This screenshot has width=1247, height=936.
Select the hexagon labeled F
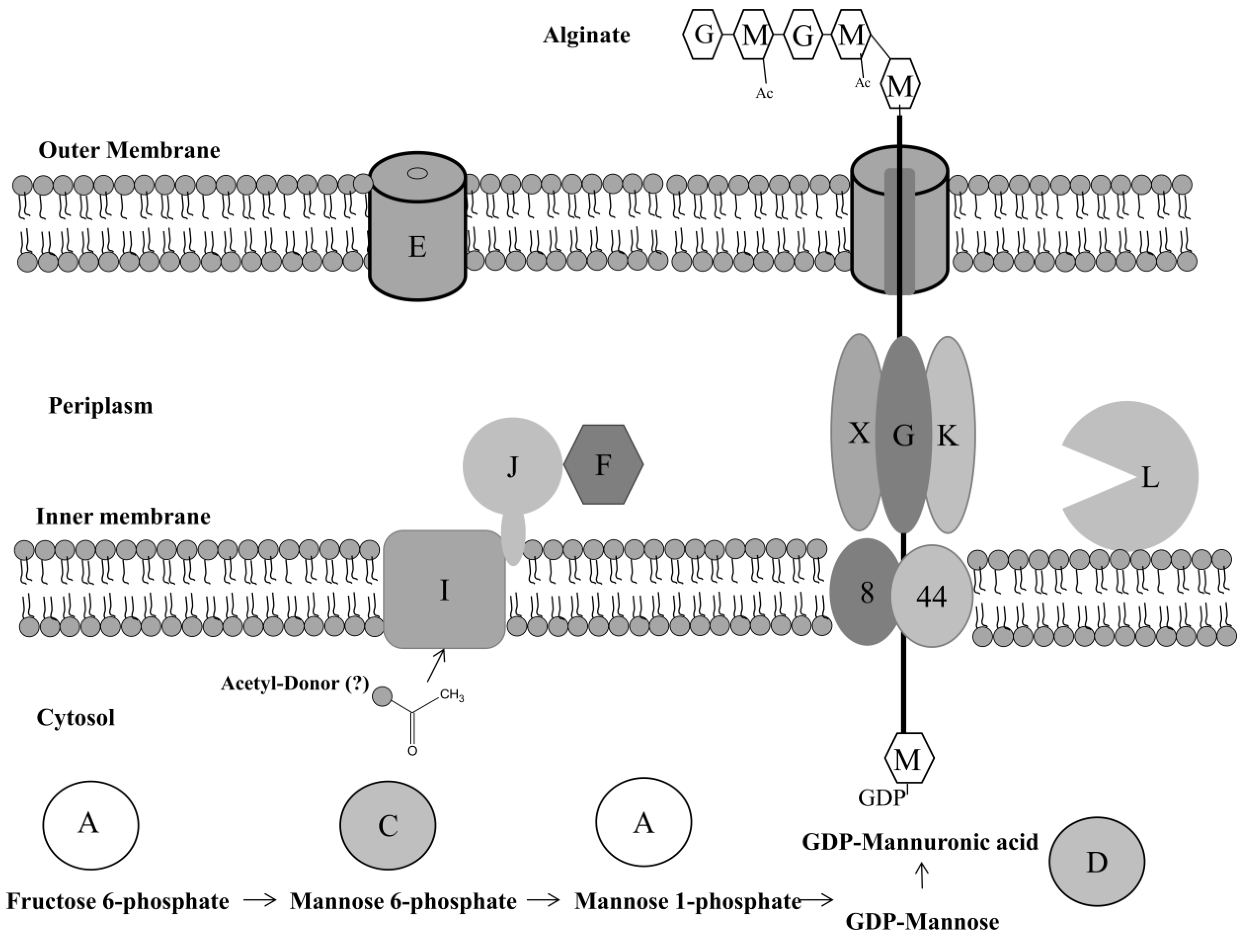603,465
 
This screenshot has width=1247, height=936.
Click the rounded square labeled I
444,589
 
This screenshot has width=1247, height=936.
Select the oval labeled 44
931,596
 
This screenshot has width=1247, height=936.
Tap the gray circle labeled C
388,825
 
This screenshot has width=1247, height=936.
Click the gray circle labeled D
1097,861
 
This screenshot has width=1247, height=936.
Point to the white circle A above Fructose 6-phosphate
90,825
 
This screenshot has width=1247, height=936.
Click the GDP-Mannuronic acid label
920,842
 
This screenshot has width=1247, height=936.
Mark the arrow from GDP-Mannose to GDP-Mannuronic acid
922,874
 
